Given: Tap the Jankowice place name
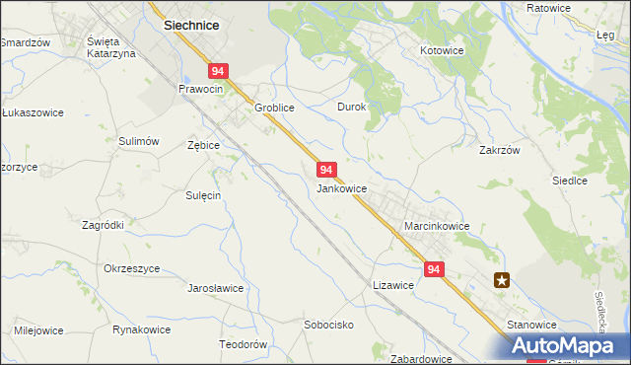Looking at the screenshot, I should point(342,188).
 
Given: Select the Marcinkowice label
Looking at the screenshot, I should point(437,226).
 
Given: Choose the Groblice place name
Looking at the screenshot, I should point(275,108).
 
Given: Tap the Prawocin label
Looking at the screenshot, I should point(201,89).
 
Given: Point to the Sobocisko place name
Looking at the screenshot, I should point(328,324).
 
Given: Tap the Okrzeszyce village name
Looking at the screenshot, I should point(131,268).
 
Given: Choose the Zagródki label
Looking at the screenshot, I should point(103,225).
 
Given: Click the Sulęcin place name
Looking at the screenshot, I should point(202,195).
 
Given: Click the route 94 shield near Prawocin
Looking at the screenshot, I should point(219,71).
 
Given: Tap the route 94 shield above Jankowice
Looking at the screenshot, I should point(328,170).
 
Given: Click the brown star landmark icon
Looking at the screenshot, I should point(503,280).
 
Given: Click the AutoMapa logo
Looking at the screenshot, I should point(570,346).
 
